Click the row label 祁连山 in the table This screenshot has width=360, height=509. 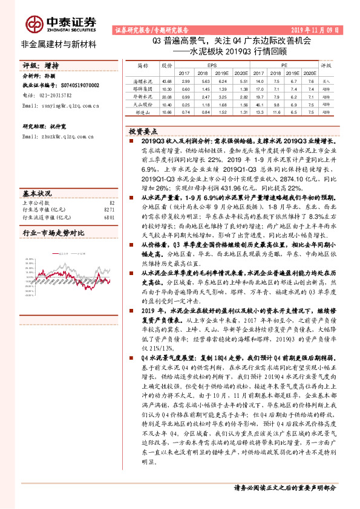tap(143, 111)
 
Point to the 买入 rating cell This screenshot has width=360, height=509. tap(327, 80)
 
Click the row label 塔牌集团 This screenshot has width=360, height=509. tap(143, 88)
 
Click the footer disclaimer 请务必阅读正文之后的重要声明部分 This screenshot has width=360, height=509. tap(284, 488)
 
